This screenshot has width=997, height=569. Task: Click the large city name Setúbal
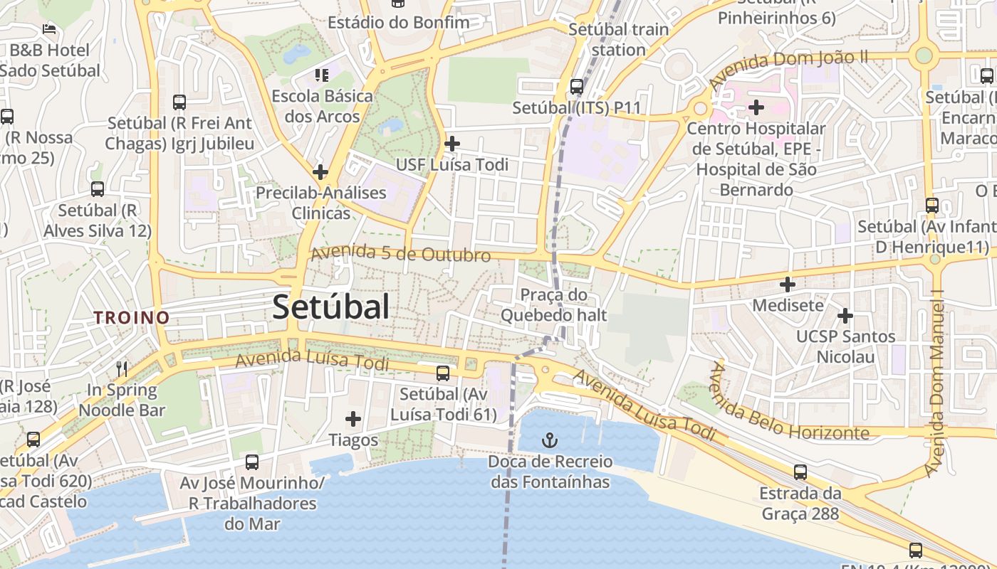tap(331, 307)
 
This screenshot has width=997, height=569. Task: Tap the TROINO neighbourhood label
tap(132, 317)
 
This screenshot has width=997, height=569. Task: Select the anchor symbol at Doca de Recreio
tap(549, 439)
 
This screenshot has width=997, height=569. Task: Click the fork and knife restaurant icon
tap(122, 368)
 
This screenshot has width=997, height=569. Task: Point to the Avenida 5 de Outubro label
tap(401, 253)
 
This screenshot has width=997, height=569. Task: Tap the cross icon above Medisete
tap(788, 284)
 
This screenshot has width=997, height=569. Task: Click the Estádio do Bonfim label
tap(398, 22)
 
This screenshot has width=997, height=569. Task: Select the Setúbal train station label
tap(618, 39)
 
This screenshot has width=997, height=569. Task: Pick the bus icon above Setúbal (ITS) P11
tap(577, 87)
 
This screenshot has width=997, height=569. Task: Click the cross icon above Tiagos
tap(353, 419)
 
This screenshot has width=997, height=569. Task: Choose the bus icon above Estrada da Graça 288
tap(800, 472)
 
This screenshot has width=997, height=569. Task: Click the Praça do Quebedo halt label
tap(553, 304)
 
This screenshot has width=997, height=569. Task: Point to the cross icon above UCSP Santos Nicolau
tap(845, 315)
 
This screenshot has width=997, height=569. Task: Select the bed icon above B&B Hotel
tap(49, 29)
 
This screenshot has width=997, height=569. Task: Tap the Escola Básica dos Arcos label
tap(322, 105)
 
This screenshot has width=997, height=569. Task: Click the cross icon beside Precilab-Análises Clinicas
tap(320, 171)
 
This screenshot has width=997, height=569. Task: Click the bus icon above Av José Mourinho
tap(252, 462)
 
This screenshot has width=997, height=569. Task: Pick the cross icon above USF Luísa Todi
tap(451, 144)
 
